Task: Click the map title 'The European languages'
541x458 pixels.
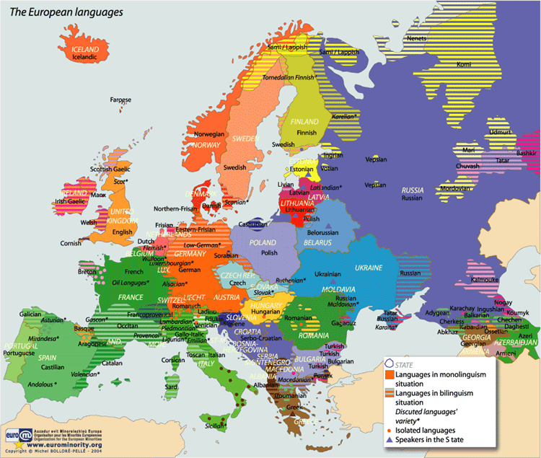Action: (x=64, y=12)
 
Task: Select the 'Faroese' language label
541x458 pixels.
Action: (x=120, y=100)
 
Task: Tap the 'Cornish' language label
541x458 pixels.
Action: (x=71, y=243)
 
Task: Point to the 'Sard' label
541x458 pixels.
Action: (x=171, y=387)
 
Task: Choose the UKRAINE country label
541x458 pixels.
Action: (x=369, y=268)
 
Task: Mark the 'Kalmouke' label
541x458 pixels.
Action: (x=485, y=279)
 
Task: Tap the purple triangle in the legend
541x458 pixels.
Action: (x=390, y=439)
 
